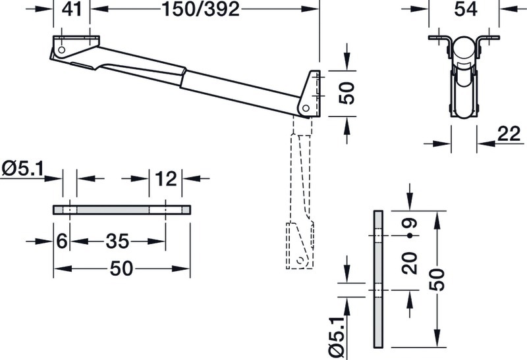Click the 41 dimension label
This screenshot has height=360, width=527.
coord(72,9)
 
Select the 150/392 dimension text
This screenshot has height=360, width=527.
coord(201,9)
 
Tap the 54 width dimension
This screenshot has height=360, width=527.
coord(466,9)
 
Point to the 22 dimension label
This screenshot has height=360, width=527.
coord(509,134)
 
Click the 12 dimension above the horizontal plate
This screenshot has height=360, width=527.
coord(166,178)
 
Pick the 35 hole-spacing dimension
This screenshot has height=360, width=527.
coord(117,241)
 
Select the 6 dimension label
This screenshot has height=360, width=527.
coord(62,241)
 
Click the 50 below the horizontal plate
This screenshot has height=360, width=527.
coord(121,269)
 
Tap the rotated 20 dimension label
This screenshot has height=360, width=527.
coord(410,263)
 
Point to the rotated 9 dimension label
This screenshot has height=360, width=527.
coord(410,223)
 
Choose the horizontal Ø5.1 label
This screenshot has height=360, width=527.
coord(23,168)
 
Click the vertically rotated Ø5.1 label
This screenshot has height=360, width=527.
coord(337,338)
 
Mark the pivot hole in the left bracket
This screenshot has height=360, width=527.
coord(61,50)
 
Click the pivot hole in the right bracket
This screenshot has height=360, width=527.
coord(306,108)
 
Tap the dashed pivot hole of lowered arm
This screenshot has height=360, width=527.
coord(300,260)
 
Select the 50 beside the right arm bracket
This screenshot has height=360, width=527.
coord(347,93)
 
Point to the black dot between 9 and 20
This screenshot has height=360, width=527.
coord(410,236)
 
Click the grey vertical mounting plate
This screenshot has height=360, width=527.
coord(378,279)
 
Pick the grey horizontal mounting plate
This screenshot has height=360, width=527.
coord(122,209)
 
